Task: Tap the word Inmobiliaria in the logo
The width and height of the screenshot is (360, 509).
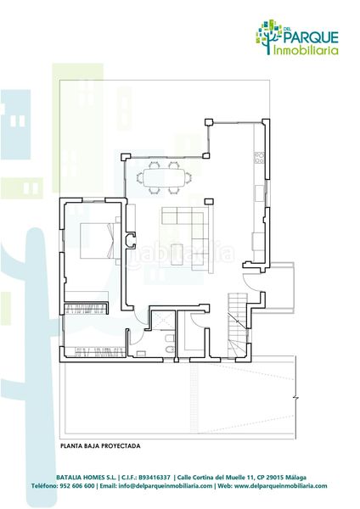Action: (307, 50)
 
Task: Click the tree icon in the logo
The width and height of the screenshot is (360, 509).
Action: (269, 35)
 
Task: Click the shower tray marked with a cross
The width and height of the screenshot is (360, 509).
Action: (158, 321)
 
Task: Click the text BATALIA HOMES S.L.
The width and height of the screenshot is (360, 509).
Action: (86, 477)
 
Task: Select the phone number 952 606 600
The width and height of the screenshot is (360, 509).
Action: (77, 486)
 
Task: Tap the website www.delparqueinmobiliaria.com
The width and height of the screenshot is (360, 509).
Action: (280, 486)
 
